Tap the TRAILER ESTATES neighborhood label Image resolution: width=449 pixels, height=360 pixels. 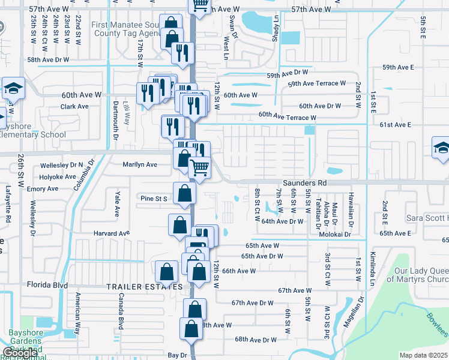click(x=144, y=287)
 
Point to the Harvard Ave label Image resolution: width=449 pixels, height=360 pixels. click(x=111, y=233)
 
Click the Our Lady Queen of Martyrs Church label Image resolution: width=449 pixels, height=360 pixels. click(x=417, y=275)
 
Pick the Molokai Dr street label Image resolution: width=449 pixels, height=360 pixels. click(x=339, y=234)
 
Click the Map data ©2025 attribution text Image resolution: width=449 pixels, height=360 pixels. click(x=423, y=355)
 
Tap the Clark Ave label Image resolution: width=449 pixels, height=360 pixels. click(x=74, y=107)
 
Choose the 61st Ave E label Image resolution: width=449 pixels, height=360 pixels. click(x=394, y=125)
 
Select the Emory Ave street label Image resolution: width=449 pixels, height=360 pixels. click(x=43, y=188)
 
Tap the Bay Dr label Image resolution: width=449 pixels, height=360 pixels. click(x=177, y=355)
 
